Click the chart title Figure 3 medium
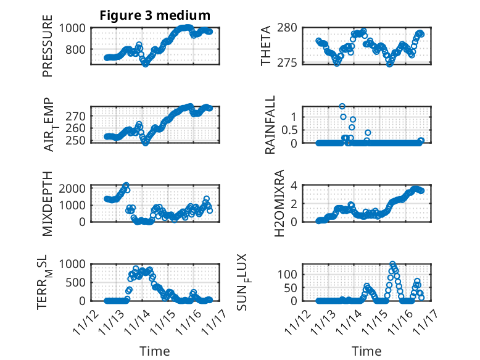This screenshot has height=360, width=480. (155, 15)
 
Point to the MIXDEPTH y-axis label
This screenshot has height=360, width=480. (48, 204)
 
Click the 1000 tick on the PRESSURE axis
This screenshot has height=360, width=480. (75, 28)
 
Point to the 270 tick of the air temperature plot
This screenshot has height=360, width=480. (78, 115)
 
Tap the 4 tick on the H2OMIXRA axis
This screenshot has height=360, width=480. (303, 185)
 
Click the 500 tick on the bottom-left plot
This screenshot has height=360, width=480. (78, 282)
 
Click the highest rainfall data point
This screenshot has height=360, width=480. (342, 106)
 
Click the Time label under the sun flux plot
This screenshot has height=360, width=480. (366, 351)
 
